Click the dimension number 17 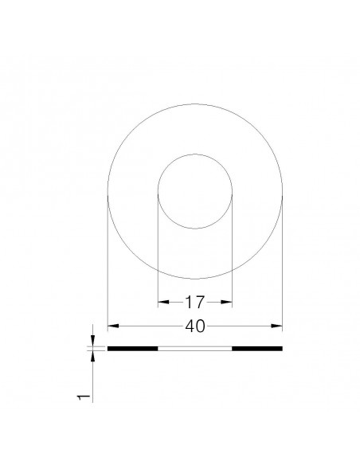tap(195, 302)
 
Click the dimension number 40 tap(195, 326)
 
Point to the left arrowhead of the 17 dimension tap(161, 302)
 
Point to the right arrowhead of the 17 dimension tap(229, 302)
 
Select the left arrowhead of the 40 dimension tap(111, 326)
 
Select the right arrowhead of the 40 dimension tap(280, 326)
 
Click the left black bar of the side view tap(133, 349)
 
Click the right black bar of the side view tap(257, 349)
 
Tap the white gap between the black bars tap(195, 349)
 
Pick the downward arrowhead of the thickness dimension tap(94, 342)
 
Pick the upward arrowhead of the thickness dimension tap(94, 356)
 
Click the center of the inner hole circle tap(195, 192)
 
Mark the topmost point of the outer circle tap(195, 104)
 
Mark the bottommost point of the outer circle tap(195, 279)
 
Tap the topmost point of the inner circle tap(195, 154)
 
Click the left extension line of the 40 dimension tap(108, 263)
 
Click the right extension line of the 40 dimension tap(283, 263)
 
